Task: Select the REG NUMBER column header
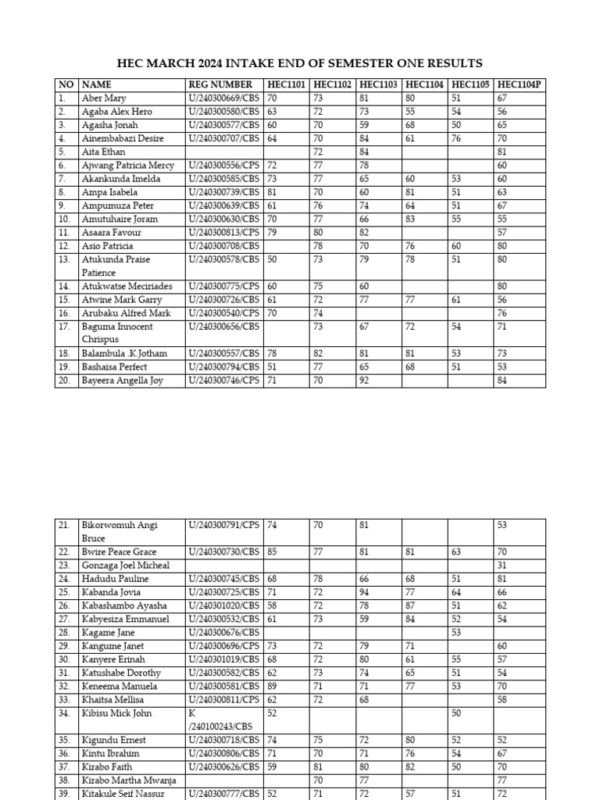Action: [x=220, y=84]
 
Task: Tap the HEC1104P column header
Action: [x=518, y=84]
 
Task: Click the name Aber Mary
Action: [x=104, y=98]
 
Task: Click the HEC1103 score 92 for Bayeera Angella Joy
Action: [x=365, y=380]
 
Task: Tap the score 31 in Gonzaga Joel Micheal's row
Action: [x=502, y=566]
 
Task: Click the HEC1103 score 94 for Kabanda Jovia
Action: [x=365, y=592]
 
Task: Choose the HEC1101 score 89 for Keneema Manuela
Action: [x=273, y=686]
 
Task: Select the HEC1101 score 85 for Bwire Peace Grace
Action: [x=273, y=552]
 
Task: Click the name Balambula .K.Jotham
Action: [x=124, y=353]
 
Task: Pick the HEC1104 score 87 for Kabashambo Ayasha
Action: [x=411, y=605]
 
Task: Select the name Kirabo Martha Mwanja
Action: [x=128, y=780]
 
